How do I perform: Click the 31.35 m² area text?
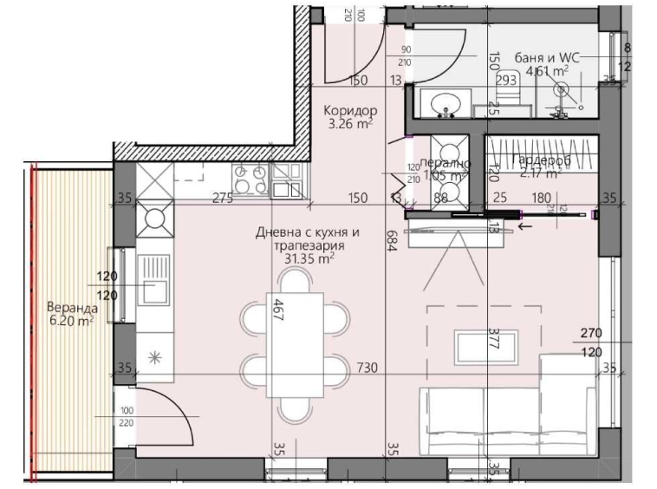(x=309, y=258)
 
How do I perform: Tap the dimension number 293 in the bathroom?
(x=506, y=80)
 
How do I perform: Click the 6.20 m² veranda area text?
(x=70, y=321)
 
